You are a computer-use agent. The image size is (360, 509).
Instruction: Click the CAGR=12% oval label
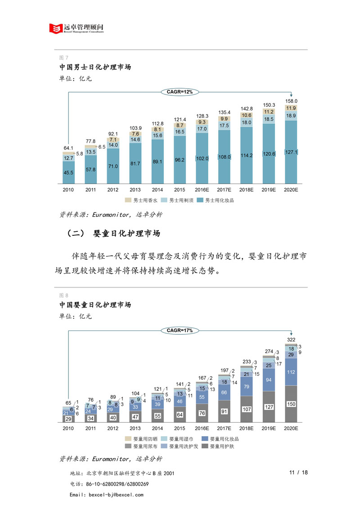tap(180, 92)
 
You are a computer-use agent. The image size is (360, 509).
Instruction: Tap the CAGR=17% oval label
tap(180, 330)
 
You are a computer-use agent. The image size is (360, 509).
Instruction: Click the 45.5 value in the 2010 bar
tap(69, 173)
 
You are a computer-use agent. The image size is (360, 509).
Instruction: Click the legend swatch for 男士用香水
tap(128, 200)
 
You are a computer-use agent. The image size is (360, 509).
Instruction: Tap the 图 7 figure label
tap(63, 57)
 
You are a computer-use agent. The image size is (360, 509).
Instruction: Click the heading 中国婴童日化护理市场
tap(95, 305)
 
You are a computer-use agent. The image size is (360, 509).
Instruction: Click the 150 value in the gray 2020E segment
tap(291, 405)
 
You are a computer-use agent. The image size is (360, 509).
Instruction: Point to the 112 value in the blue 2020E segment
tap(291, 372)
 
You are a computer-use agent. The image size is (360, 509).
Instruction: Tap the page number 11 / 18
tap(299, 473)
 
